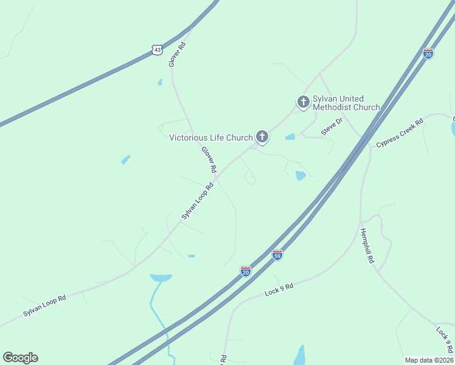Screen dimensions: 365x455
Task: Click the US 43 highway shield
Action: pos(158,50)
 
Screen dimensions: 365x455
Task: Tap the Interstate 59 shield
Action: pos(277,255)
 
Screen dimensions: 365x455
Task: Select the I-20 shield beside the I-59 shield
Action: pos(246,271)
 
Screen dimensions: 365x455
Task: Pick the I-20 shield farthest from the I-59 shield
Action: pos(428,54)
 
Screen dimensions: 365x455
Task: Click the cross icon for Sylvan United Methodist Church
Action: pos(303,102)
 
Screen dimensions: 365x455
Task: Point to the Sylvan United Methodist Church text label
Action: pos(346,103)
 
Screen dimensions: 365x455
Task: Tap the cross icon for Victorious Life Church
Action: pos(262,137)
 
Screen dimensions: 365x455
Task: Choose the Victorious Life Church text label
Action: pos(210,137)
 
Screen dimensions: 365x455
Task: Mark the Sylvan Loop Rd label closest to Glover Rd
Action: pos(198,201)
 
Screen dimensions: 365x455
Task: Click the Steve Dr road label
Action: pos(332,127)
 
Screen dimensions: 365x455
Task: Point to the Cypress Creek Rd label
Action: pos(399,133)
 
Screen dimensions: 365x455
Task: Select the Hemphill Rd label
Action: pos(368,245)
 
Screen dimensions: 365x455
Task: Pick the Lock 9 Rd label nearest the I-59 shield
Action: pos(279,290)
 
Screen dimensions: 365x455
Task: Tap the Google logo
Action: pos(20,358)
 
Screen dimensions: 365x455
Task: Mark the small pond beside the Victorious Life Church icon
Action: pos(290,137)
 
